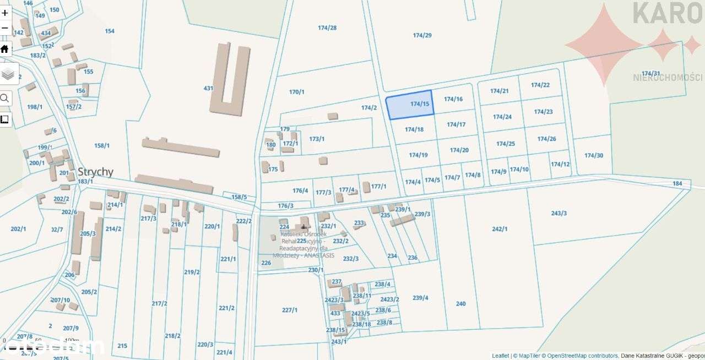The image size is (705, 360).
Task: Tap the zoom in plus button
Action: (5, 12)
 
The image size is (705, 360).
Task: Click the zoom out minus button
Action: (5, 28)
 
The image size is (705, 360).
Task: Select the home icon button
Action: (5, 49)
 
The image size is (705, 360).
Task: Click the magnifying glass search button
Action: (5, 99)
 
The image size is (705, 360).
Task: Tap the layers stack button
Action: (8, 74)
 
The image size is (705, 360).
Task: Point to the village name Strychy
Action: (95, 172)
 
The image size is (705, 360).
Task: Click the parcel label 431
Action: (208, 88)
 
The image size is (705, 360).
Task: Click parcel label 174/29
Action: (422, 35)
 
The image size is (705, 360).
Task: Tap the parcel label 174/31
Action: (650, 73)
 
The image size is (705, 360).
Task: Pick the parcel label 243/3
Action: (558, 213)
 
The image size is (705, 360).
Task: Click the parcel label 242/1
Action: (500, 229)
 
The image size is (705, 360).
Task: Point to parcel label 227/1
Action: (290, 310)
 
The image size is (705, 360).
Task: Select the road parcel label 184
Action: (677, 183)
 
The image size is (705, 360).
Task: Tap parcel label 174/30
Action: (594, 155)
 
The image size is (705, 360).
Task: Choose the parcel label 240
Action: (460, 303)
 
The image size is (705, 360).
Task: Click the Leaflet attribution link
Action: (500, 356)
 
